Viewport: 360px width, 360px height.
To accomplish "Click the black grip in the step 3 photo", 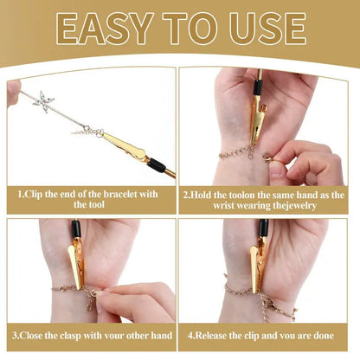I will pos(75,229).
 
